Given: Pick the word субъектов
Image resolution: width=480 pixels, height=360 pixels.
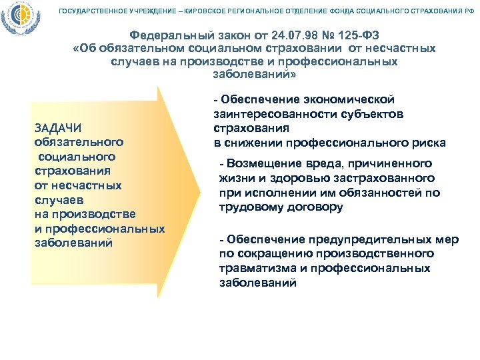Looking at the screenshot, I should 375,114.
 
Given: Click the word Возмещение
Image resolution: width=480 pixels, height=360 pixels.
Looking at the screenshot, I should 265,164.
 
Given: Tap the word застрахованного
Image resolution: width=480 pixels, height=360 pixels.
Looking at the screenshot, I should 392,179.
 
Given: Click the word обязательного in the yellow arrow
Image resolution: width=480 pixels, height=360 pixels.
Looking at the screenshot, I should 79,143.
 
